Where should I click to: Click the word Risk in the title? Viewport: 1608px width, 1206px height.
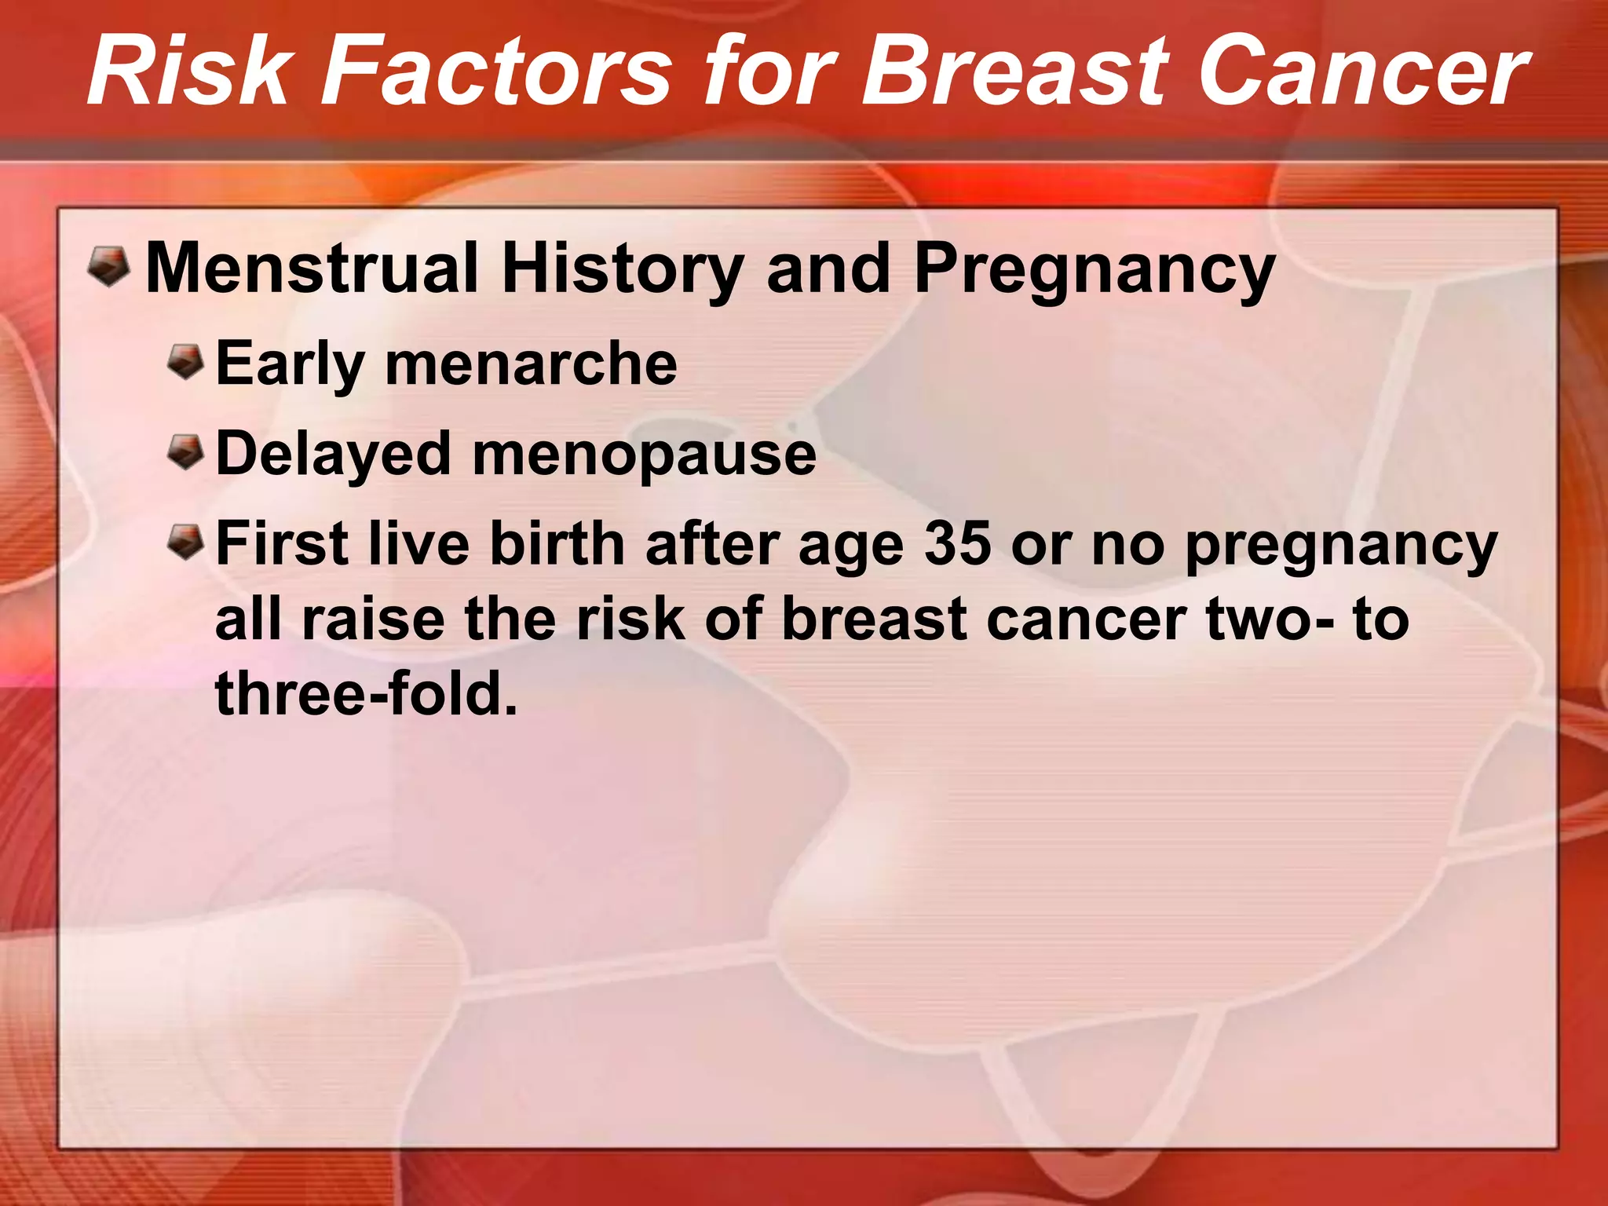pyautogui.click(x=188, y=72)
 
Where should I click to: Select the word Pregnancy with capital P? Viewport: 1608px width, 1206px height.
pyautogui.click(x=1095, y=269)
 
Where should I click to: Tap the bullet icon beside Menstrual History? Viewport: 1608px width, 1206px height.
pyautogui.click(x=108, y=265)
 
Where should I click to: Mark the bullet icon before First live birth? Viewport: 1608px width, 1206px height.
pyautogui.click(x=186, y=543)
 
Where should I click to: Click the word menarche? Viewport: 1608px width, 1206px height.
pyautogui.click(x=531, y=364)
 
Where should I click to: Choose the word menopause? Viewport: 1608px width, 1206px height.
pyautogui.click(x=644, y=455)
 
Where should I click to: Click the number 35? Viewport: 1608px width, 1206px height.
pyautogui.click(x=957, y=544)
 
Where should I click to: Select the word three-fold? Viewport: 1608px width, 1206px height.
pyautogui.click(x=366, y=694)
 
